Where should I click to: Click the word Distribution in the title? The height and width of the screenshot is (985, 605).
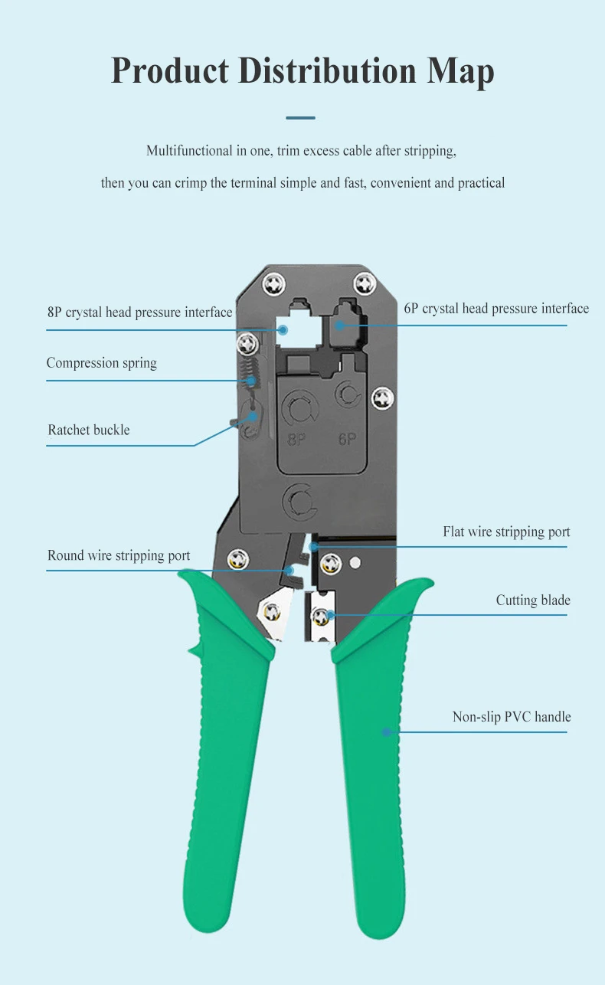point(328,71)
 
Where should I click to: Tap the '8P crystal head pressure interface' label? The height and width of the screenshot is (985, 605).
point(139,313)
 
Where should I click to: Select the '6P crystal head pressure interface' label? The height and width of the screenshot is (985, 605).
point(496,309)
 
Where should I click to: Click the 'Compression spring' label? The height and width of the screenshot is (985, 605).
point(101,363)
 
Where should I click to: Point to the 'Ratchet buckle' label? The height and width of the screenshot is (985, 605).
point(89,430)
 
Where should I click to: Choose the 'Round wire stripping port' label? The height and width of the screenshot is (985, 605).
point(119,555)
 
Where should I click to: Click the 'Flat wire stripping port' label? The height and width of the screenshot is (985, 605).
point(506,532)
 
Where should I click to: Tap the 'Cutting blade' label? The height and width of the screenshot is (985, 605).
point(533,600)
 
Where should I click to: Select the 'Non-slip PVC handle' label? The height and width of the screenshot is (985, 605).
point(512,717)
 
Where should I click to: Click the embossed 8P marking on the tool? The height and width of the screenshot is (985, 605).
point(297,440)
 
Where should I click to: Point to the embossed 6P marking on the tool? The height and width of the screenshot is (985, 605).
point(348,439)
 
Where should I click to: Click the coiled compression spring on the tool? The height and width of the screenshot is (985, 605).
point(247,375)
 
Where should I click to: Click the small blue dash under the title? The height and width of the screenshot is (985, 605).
point(300,118)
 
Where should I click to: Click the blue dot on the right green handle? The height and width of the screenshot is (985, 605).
point(387,732)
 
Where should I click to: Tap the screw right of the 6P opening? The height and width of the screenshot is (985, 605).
point(382,397)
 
